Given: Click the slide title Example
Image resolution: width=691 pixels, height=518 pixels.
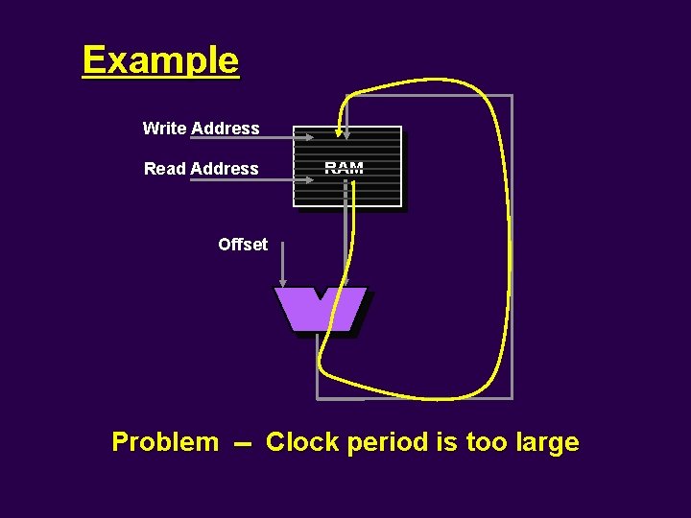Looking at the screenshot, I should tap(160, 59).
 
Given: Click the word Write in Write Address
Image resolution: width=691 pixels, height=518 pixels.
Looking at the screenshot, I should tap(165, 128).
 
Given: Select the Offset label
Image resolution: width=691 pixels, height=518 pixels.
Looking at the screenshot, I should tap(243, 245).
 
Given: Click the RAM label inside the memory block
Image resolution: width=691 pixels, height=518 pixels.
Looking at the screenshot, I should tap(344, 168).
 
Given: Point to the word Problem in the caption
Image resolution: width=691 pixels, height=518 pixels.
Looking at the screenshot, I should tap(165, 442).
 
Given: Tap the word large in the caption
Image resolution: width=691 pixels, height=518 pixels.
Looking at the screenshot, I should tap(547, 442).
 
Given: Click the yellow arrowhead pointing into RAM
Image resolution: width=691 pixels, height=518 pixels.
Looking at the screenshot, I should tap(339, 130).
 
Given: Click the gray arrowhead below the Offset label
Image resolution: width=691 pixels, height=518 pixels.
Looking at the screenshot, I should tap(282, 281).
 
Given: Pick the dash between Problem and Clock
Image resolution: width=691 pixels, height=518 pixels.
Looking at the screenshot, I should tap(242, 444).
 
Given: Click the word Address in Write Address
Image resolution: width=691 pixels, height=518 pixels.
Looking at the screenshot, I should tap(226, 128).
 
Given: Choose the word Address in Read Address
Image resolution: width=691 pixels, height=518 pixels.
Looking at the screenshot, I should tap(226, 169).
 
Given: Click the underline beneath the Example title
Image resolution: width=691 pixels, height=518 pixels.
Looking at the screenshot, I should tap(160, 78).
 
